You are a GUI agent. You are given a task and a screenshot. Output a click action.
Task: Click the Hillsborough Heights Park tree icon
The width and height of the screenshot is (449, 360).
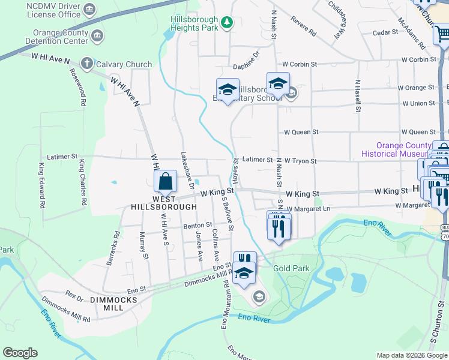(226, 23)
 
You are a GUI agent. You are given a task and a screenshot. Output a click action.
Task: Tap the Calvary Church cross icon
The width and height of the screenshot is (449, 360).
(86, 63)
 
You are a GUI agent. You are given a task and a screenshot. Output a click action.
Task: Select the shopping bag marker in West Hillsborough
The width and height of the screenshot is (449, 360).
(165, 181)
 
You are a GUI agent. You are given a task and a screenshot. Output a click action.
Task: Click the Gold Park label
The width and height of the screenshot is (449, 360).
(292, 268)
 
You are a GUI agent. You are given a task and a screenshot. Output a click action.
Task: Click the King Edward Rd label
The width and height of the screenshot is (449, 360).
(42, 185)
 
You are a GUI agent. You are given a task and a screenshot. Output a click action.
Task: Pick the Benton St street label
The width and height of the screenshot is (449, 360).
(198, 225)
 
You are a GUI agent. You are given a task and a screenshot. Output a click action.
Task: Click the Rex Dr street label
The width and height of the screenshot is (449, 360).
(74, 296)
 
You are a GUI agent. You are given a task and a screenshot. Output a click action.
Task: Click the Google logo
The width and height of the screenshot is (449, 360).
(20, 353)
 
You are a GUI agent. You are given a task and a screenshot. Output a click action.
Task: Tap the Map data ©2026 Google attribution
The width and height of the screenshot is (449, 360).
(411, 355)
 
